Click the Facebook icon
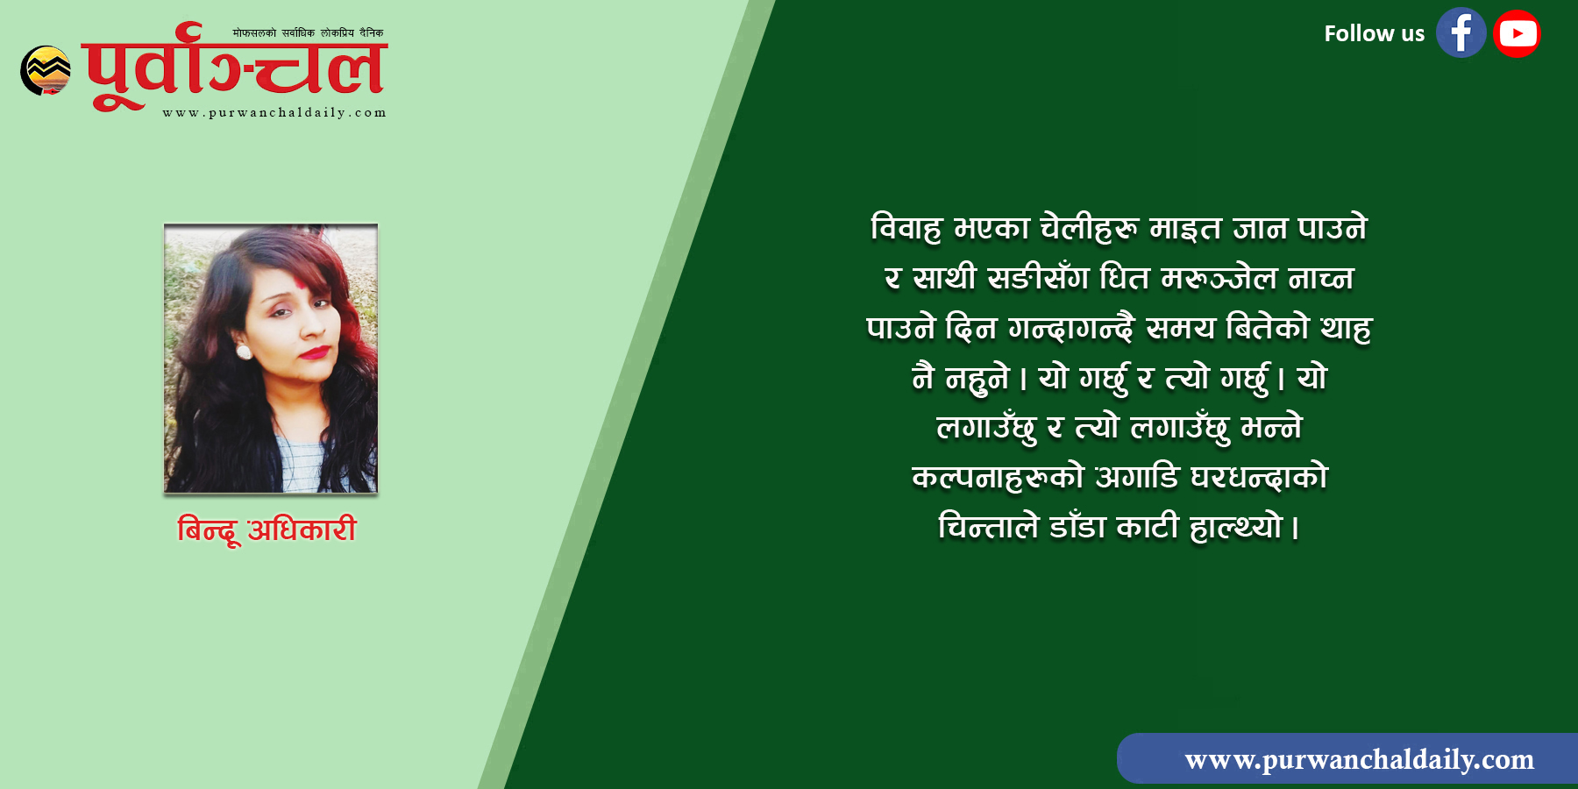(1461, 33)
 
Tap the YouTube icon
(1518, 33)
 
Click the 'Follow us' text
(1374, 34)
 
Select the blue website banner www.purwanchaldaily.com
(1347, 758)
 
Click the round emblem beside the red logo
(46, 70)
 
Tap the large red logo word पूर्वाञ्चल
(235, 67)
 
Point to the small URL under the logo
(274, 112)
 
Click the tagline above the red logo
(308, 33)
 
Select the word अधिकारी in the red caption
(302, 529)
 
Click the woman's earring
(245, 352)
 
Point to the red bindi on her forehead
(299, 286)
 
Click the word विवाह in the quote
(906, 228)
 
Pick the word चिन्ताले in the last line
(988, 526)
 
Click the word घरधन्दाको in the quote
(1259, 477)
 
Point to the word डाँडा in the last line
(1077, 526)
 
